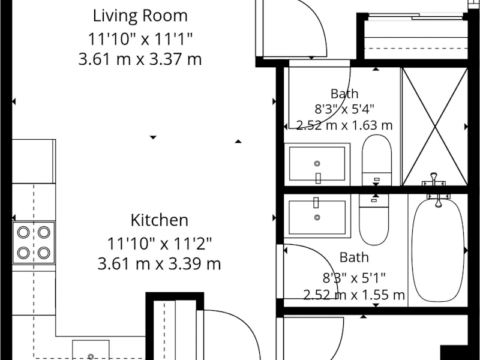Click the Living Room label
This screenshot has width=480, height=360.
pos(140,16)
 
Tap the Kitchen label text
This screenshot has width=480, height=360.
pos(159,220)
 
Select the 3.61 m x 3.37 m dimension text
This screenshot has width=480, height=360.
pos(140,59)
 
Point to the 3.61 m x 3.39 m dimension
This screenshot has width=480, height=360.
pos(159,263)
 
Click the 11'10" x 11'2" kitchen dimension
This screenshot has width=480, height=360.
pos(159,244)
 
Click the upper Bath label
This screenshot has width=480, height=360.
pos(344,94)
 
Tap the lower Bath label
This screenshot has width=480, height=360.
pos(354,257)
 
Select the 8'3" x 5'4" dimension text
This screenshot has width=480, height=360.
pos(344,109)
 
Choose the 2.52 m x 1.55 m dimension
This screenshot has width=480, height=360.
pos(354,295)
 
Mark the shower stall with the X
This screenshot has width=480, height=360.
pos(435,127)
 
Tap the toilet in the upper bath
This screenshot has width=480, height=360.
pos(377,160)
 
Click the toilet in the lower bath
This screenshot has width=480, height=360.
pos(374,219)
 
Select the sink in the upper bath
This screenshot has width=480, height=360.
pos(317,164)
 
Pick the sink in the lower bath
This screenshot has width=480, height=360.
pos(317,215)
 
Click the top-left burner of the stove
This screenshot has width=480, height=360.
pos(23,232)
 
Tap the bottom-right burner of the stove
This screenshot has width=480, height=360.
pos(44,253)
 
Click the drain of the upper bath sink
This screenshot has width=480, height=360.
pos(317,163)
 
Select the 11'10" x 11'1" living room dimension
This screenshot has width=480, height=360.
pos(140,39)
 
